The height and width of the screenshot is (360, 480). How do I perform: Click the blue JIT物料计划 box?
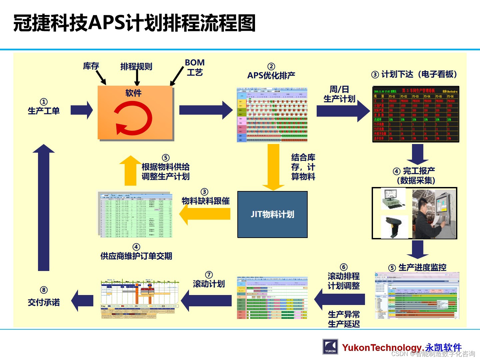(272, 214)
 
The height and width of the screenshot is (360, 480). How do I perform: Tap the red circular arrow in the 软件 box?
(133, 118)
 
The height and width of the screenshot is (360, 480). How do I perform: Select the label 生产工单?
(44, 111)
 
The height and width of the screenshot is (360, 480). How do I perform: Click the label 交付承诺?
(44, 302)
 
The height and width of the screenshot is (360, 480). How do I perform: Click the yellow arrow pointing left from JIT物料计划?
(205, 214)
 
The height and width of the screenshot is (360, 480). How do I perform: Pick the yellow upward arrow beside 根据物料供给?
(130, 170)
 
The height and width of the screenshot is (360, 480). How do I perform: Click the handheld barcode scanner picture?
(394, 227)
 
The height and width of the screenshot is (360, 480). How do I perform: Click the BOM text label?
(195, 63)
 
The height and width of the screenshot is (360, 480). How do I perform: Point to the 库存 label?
(91, 66)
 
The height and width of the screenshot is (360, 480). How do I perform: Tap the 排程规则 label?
(136, 67)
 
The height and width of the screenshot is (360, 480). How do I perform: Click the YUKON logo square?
(330, 347)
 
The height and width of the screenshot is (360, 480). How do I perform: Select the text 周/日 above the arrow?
(339, 89)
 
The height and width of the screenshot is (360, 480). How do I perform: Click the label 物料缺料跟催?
(206, 201)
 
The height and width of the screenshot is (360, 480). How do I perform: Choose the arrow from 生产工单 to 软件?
(82, 110)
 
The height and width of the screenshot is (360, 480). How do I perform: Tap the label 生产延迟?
(344, 324)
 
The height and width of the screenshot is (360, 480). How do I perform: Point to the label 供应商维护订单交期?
(136, 256)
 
